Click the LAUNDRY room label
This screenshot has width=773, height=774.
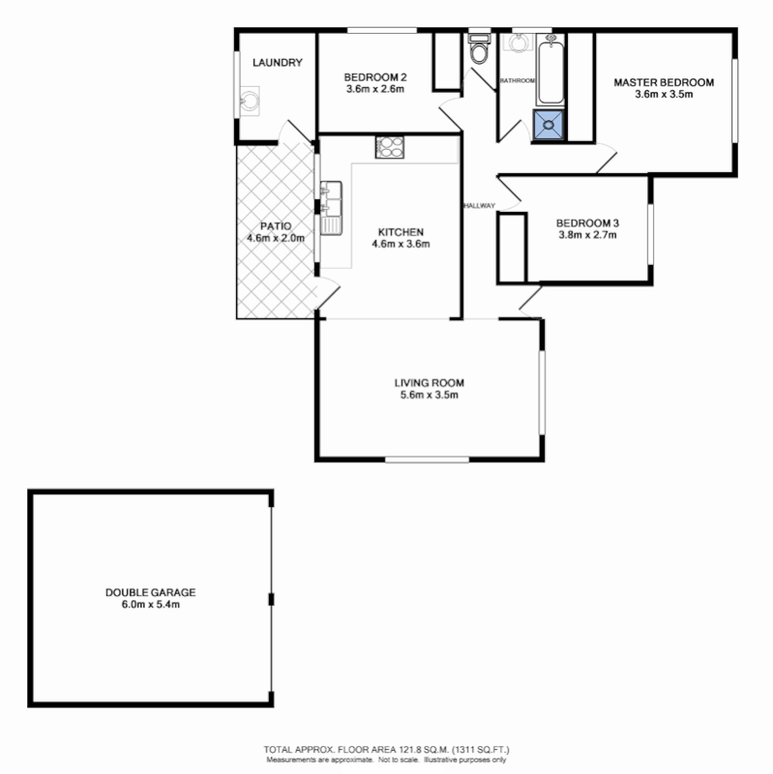[278, 63]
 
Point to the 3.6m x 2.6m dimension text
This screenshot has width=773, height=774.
[373, 89]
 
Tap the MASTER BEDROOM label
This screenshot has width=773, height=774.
[664, 82]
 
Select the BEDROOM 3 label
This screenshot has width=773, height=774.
[588, 222]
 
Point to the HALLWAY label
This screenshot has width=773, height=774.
[479, 205]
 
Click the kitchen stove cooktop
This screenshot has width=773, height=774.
[390, 147]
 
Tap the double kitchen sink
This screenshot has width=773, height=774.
[331, 205]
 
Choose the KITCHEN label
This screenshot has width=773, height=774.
[401, 232]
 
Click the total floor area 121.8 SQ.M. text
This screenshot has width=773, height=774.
[387, 750]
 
